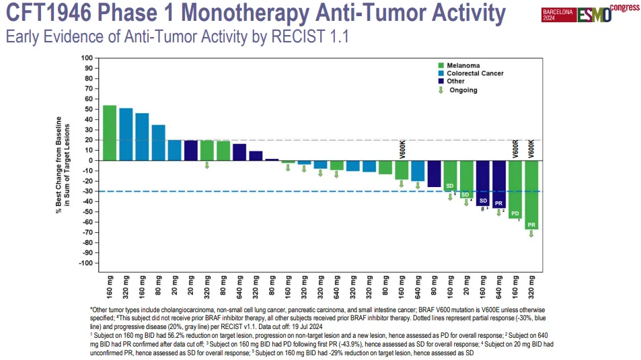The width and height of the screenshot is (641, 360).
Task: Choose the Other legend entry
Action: tap(455, 81)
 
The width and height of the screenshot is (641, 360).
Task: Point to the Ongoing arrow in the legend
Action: tap(441, 90)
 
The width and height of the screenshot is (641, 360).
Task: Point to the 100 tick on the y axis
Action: tap(87, 58)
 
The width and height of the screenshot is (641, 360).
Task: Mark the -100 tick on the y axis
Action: tap(85, 262)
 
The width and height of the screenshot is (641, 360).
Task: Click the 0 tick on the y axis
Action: tap(90, 160)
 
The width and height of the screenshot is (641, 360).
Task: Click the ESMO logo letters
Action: tap(595, 14)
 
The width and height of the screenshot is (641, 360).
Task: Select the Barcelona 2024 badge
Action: tap(558, 15)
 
